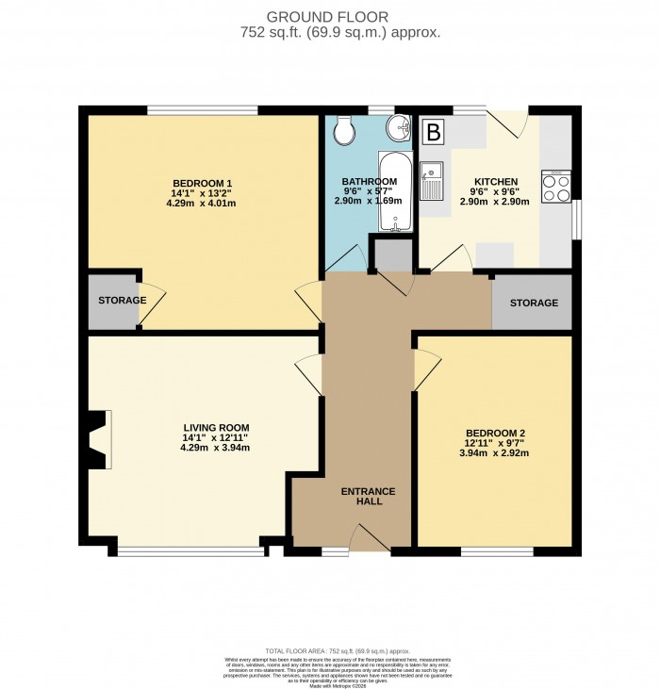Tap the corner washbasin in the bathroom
[399, 128]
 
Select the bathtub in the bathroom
[389, 191]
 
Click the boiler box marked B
[433, 132]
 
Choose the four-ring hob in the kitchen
[556, 186]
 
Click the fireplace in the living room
[98, 438]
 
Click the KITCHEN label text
[496, 181]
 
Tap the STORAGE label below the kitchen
[534, 303]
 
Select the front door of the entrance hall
[368, 539]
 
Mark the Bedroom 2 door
[424, 366]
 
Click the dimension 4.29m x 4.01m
[202, 204]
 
